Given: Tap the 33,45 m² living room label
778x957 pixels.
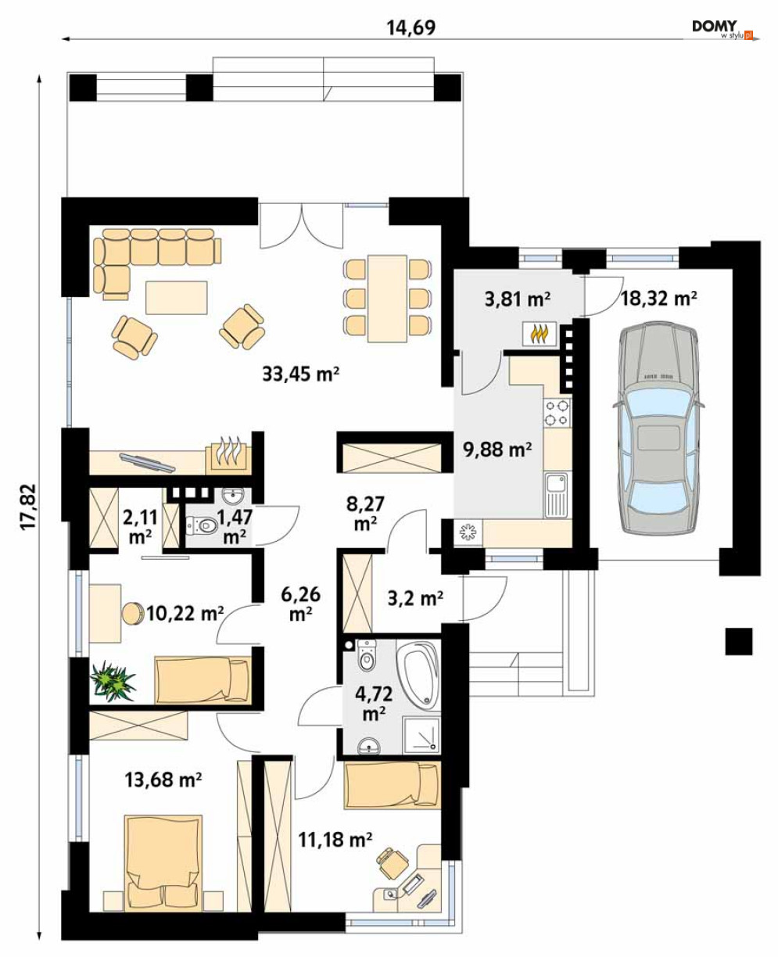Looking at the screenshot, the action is [300, 374].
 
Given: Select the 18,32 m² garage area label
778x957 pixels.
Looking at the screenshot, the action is [658, 298].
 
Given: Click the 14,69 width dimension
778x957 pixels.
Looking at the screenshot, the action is [411, 28].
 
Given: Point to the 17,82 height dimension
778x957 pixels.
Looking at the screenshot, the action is [28, 507].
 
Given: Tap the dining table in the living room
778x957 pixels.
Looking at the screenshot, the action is [387, 299].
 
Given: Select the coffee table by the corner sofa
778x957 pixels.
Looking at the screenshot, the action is [177, 297].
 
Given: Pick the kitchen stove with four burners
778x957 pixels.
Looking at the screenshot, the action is [558, 413].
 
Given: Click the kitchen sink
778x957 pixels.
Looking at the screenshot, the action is [557, 494].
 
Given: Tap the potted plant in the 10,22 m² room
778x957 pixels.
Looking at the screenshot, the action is [113, 681].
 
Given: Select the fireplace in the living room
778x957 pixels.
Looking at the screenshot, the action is [228, 455].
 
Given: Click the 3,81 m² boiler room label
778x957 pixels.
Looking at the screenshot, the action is [518, 299].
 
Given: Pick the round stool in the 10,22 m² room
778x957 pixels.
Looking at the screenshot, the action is [132, 613].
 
